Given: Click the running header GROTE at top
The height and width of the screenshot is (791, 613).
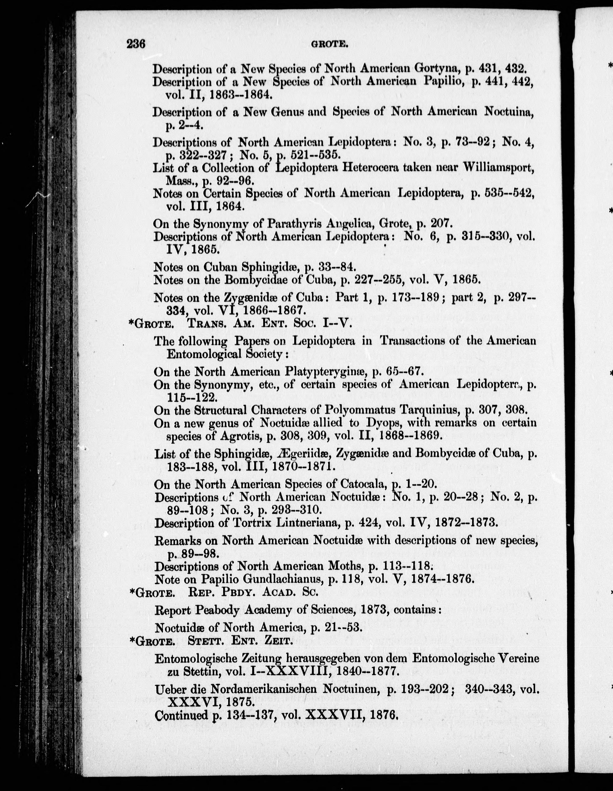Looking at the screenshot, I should click(329, 45).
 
